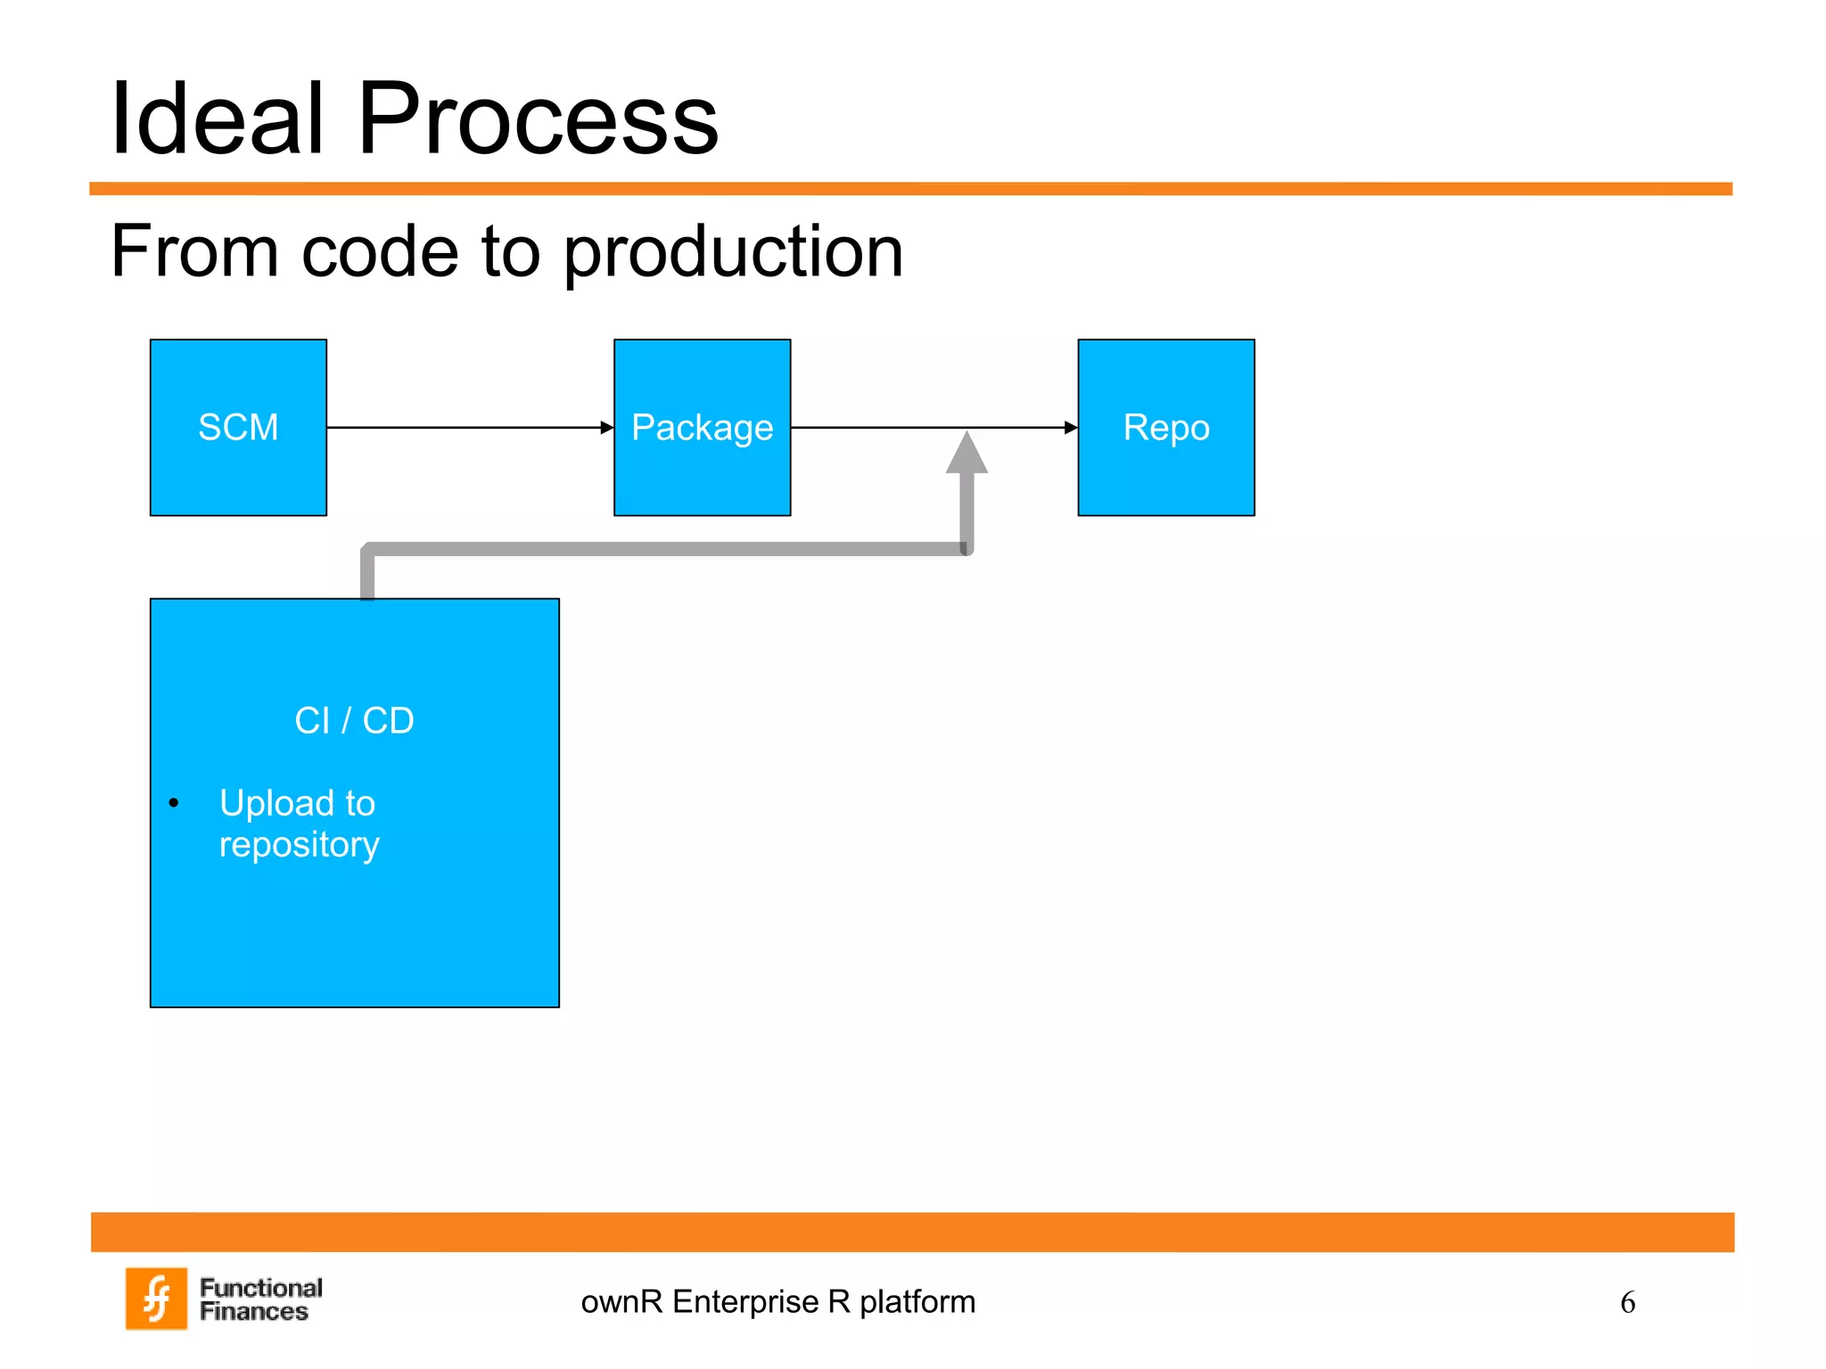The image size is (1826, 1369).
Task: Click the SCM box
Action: [x=238, y=428]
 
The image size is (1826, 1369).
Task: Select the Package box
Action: [x=702, y=428]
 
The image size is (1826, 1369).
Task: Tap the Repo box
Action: [x=1165, y=428]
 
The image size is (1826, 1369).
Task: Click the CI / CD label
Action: [x=354, y=720]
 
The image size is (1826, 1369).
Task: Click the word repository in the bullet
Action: [x=300, y=844]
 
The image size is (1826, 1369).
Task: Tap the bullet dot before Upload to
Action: [x=174, y=803]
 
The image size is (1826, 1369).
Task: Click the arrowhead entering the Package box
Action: [x=607, y=428]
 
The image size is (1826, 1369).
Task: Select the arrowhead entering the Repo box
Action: [x=1071, y=428]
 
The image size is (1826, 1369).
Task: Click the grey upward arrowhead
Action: [x=966, y=454]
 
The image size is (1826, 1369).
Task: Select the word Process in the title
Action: [x=538, y=119]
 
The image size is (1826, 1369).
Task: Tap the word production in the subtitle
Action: [x=733, y=252]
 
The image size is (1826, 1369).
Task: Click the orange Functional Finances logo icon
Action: [x=157, y=1299]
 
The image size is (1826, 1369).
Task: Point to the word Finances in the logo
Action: [x=253, y=1312]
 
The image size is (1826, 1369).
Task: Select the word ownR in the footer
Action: [x=621, y=1302]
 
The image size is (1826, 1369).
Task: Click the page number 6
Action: [x=1627, y=1303]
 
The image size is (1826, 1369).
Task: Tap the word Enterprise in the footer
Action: [x=745, y=1302]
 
